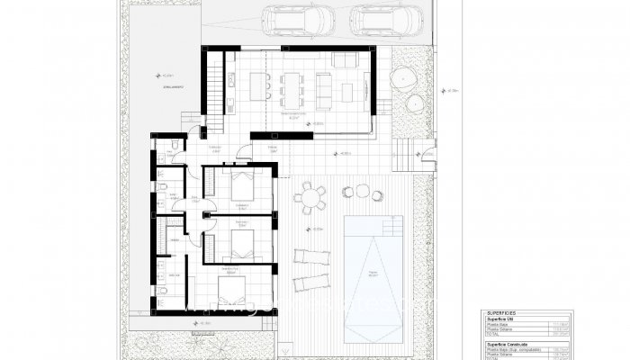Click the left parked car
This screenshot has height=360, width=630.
click(296, 18)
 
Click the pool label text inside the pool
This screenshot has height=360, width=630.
click(373, 276)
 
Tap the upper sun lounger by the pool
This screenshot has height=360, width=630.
click(312, 257)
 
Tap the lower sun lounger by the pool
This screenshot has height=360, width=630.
click(312, 283)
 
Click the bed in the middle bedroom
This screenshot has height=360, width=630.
click(242, 240)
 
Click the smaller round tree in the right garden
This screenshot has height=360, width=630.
click(415, 103)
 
